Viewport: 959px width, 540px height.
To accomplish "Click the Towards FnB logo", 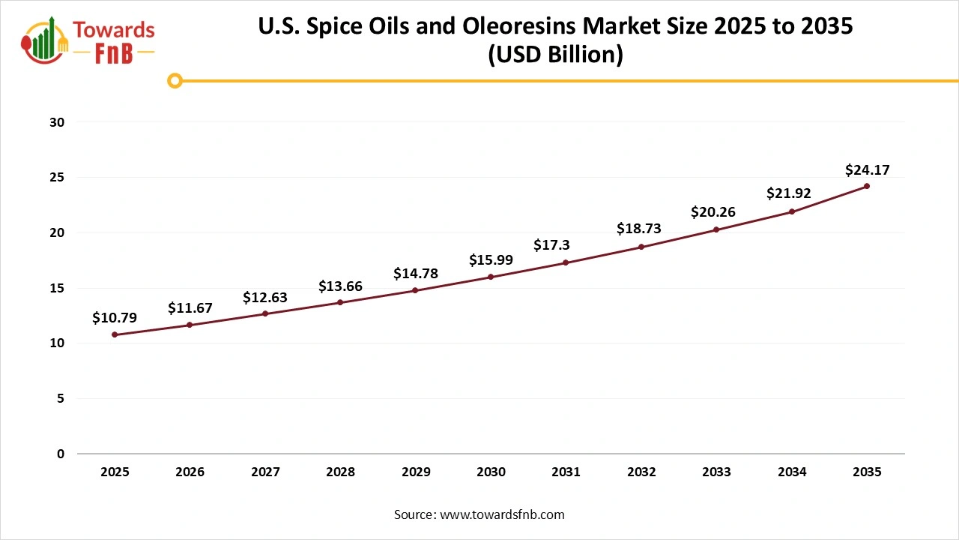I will coord(88,39).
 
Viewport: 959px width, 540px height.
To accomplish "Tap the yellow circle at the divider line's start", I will coord(175,80).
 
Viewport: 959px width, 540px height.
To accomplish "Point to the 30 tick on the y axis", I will coord(58,122).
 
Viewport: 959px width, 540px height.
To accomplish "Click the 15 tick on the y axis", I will coord(58,288).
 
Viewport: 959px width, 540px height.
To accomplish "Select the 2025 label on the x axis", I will coord(115,472).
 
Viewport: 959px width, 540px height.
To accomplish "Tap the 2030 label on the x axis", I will coord(491,472).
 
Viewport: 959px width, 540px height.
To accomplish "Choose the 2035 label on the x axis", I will coord(867,472).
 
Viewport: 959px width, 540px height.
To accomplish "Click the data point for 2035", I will coord(867,186).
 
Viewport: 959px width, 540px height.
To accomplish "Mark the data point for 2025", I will coord(115,334).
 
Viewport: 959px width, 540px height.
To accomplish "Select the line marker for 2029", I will coord(415,290).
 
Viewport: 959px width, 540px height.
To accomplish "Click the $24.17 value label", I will coord(867,170).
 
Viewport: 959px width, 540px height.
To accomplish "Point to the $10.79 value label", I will coord(115,318).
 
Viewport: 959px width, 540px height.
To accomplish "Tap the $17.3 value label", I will coord(551,245).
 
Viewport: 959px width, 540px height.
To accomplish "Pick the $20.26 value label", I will coord(713,212).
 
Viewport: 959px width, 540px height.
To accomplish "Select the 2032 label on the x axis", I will coord(641,472).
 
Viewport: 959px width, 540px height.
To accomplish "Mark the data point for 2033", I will coord(716,229).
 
